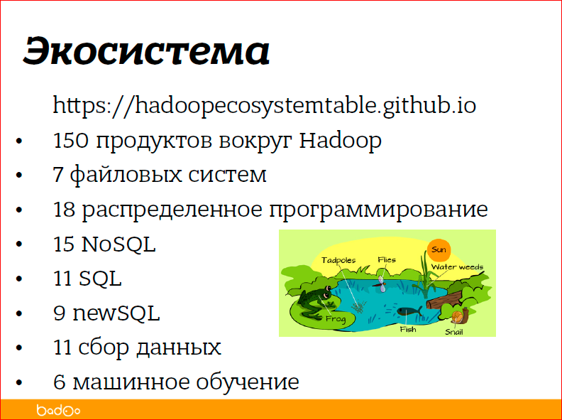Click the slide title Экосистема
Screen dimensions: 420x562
[146, 52]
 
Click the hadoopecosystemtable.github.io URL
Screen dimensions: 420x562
[264, 106]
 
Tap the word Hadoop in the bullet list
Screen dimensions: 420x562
[340, 141]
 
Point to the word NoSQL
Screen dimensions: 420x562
[119, 244]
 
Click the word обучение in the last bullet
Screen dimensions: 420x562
[251, 382]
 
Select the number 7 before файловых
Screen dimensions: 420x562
[58, 175]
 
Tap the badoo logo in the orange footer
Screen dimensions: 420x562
[58, 410]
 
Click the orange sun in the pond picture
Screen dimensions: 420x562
[439, 249]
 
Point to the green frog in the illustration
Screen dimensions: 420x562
[312, 298]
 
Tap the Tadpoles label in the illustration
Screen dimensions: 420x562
[338, 261]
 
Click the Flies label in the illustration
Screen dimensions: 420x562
[387, 260]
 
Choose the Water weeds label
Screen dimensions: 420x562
[457, 268]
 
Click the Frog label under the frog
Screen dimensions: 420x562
[335, 319]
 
